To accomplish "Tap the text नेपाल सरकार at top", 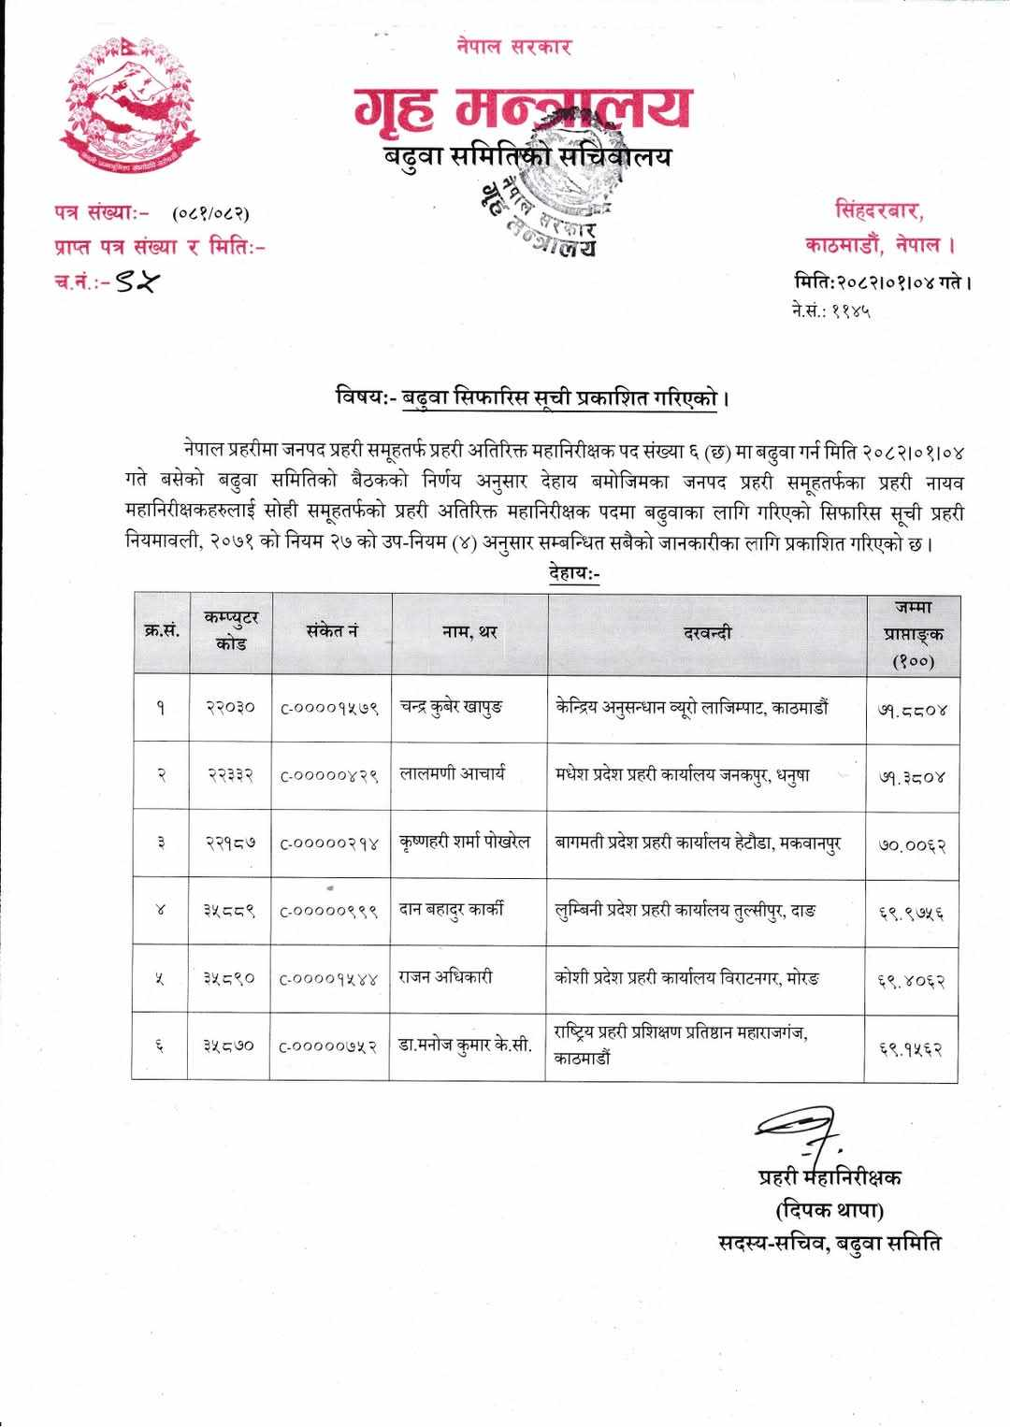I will (x=514, y=46).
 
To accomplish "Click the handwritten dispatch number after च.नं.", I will (x=136, y=281).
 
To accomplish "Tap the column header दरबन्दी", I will (x=706, y=633).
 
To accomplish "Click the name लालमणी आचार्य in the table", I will (x=453, y=774).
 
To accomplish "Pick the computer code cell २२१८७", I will (x=230, y=843).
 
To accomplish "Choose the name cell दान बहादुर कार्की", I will (x=452, y=910).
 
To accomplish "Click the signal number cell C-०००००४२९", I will (x=329, y=776).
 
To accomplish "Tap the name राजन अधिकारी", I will (x=446, y=977).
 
